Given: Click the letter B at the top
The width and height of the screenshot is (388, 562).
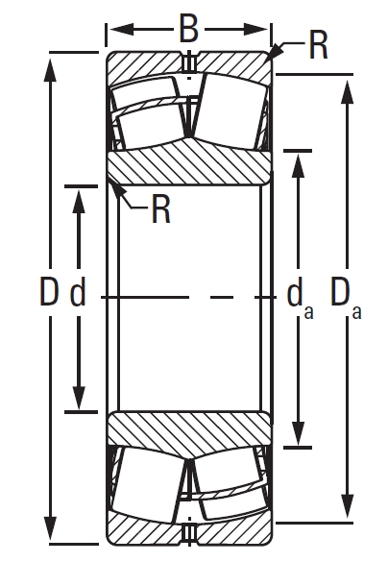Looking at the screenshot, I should click(x=189, y=29).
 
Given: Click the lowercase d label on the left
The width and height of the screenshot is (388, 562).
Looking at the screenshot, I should click(x=78, y=292).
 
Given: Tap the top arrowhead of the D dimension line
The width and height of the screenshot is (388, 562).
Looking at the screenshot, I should click(x=49, y=60).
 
